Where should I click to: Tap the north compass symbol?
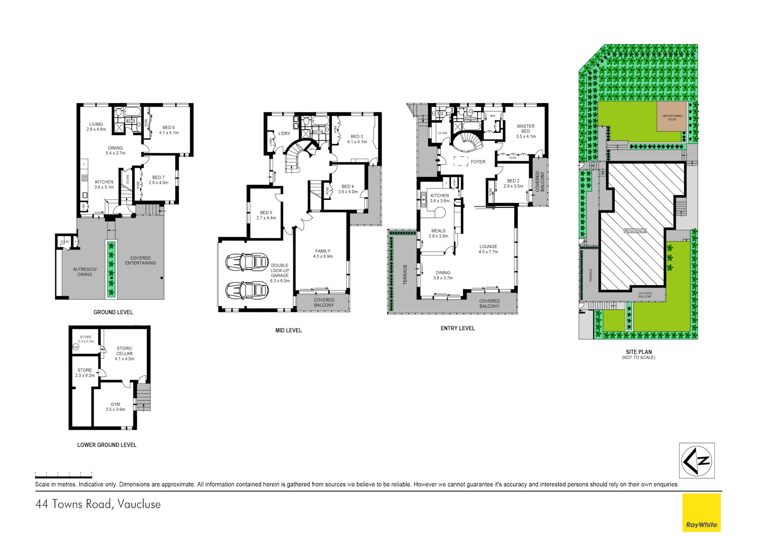click(697, 461)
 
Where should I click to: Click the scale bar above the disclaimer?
click(63, 475)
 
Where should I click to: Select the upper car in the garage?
click(247, 261)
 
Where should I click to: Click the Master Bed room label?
click(525, 131)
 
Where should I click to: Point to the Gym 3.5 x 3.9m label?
click(115, 407)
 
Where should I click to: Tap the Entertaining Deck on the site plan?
click(672, 117)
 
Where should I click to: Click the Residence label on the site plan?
click(635, 231)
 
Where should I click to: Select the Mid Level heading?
click(289, 330)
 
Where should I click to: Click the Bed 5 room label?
click(266, 215)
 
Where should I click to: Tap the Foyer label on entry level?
click(478, 162)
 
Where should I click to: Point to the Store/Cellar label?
click(124, 354)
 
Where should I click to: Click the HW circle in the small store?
click(76, 347)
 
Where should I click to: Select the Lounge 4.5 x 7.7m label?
click(488, 249)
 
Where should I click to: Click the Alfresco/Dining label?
click(85, 272)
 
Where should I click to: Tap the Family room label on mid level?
click(323, 254)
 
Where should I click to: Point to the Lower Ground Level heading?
click(107, 445)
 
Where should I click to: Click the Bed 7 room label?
click(158, 180)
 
